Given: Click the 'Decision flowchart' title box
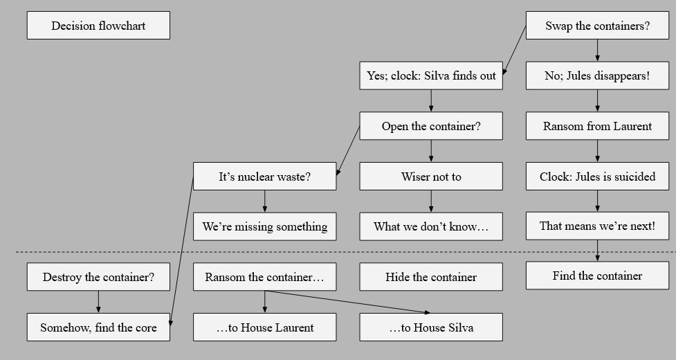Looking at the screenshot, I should point(98,26).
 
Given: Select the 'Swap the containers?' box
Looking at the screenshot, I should point(597,26).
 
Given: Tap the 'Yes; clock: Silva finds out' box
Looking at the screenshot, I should point(431,75).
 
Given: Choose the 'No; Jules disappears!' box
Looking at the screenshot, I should point(597,75).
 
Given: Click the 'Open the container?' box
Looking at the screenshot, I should point(431,126).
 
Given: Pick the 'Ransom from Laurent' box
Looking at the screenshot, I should point(597,126).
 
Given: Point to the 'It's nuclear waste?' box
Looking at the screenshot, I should point(264,177).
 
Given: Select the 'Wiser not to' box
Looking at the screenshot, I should point(431,177).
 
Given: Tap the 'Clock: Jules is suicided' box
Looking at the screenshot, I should point(597,177).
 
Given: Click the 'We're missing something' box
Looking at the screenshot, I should point(264,226).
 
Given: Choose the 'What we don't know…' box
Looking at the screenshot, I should point(431,226).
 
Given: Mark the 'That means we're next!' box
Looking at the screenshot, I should point(597,226).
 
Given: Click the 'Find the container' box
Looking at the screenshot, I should point(597,276).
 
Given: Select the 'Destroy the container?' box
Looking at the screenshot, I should point(98,277).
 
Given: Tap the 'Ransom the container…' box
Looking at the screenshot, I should point(264,277).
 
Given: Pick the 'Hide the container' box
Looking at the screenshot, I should point(431,277).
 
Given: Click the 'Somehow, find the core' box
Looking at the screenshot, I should point(98,327).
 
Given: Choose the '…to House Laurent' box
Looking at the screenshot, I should point(264,327).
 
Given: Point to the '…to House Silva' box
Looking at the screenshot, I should point(431,327).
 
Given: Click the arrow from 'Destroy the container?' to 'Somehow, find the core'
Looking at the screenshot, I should point(98,302).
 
